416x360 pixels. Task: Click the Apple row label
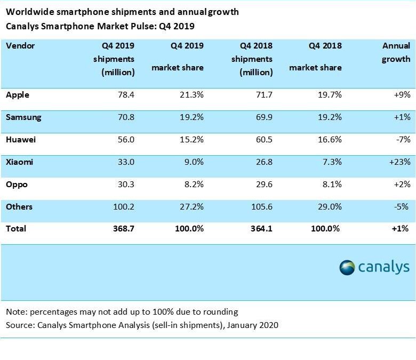tap(17, 95)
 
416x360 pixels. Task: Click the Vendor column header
tap(20, 46)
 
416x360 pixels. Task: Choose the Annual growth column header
tap(396, 52)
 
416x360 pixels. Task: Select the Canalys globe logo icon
tap(347, 267)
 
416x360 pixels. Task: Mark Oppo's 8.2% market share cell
tap(192, 185)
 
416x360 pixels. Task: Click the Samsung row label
tap(23, 117)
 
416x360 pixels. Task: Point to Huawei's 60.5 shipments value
tap(262, 140)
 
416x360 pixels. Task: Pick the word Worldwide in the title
tap(28, 12)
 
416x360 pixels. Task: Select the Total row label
tap(16, 229)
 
